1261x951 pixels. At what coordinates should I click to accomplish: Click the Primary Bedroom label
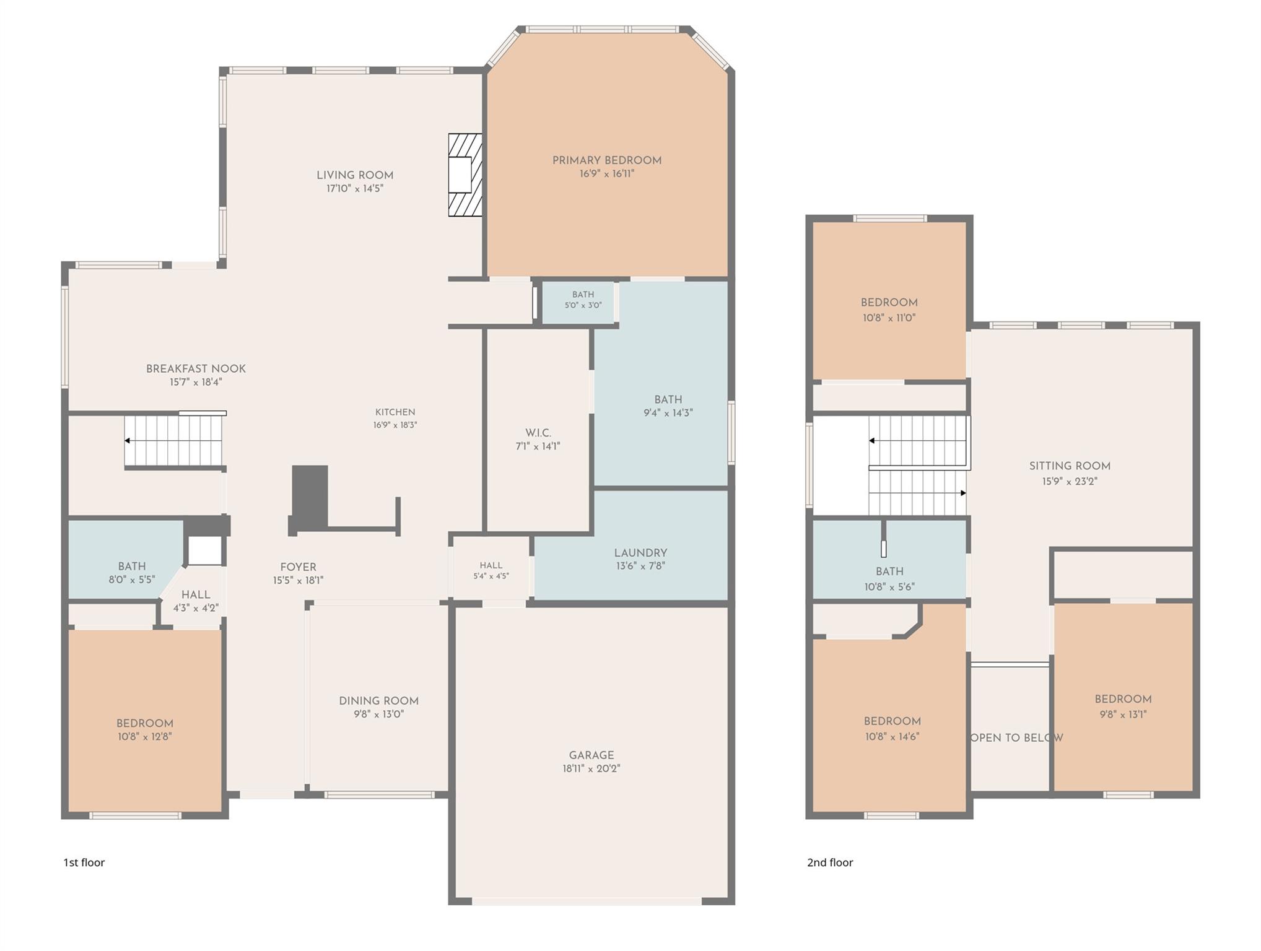[x=606, y=160]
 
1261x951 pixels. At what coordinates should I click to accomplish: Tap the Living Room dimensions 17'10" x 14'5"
[x=355, y=188]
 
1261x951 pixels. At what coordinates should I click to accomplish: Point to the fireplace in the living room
[x=465, y=175]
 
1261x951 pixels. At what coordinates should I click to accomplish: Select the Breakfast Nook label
[x=196, y=369]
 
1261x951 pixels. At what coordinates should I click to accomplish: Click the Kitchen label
[x=395, y=412]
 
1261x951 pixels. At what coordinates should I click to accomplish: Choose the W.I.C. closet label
[x=538, y=433]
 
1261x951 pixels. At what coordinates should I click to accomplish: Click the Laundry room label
[x=640, y=553]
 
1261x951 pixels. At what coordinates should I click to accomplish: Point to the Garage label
[x=591, y=755]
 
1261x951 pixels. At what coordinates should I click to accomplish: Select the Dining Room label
[x=378, y=701]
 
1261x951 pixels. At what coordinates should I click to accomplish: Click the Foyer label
[x=298, y=567]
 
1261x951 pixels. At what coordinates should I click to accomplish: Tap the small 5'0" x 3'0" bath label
[x=583, y=295]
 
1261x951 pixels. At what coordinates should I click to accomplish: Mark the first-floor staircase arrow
[x=173, y=441]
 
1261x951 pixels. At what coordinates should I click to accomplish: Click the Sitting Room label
[x=1070, y=466]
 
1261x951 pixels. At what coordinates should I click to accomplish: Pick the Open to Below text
[x=1016, y=738]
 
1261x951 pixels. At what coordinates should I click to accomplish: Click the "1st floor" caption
[x=84, y=862]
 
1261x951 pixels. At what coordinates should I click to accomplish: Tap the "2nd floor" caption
[x=830, y=862]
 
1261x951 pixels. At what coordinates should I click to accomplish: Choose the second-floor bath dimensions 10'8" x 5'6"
[x=889, y=586]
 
